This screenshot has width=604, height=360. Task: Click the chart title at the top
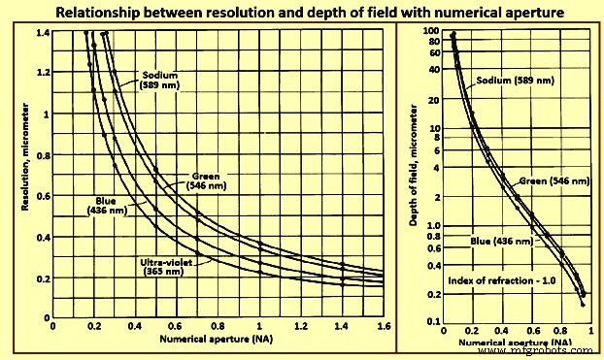[302, 12]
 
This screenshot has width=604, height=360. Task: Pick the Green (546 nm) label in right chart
[554, 181]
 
